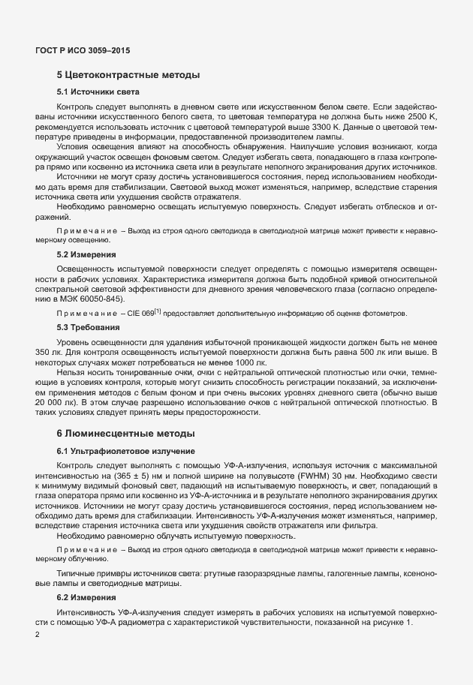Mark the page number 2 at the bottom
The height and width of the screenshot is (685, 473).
(x=37, y=635)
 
